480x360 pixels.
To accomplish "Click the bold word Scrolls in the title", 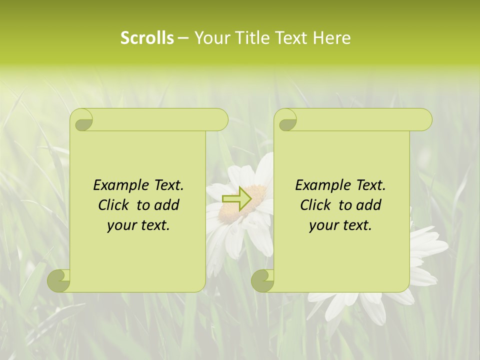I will [x=147, y=38].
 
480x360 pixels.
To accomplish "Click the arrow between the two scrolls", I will [x=236, y=198].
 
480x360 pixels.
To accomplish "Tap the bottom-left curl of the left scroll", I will [x=59, y=280].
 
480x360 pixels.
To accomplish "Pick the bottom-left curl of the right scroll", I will [x=263, y=280].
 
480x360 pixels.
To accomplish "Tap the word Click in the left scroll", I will [x=113, y=205].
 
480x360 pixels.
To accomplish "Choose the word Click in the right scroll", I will [x=315, y=205].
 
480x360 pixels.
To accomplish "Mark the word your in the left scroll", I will [x=121, y=225].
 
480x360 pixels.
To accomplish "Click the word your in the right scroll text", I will [x=323, y=225].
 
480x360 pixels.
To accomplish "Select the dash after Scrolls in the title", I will [x=182, y=38].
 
